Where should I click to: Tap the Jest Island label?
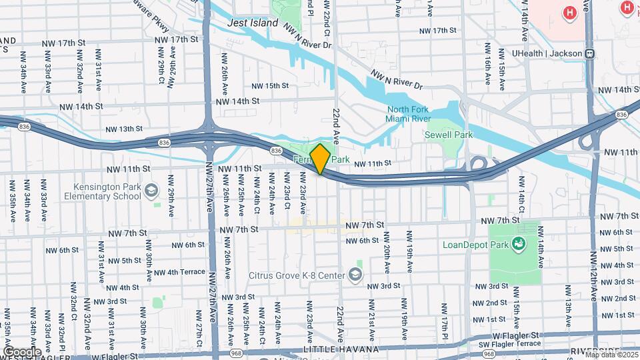pos(252,23)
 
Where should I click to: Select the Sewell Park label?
pos(449,135)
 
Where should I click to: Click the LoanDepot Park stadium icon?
pos(517,245)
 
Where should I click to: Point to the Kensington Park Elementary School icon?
pos(151,191)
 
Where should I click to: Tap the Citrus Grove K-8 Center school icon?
pos(355,275)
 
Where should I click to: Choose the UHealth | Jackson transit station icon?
pos(589,53)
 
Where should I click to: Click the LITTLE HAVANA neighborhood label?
pos(341,349)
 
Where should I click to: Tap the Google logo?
pos(22,351)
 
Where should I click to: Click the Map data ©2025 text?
pos(611,355)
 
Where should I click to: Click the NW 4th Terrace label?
pos(179,272)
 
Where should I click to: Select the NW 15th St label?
pos(270,85)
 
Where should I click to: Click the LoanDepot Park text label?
pos(474,244)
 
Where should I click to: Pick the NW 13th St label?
pos(123,129)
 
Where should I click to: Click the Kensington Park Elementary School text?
pos(103,191)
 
